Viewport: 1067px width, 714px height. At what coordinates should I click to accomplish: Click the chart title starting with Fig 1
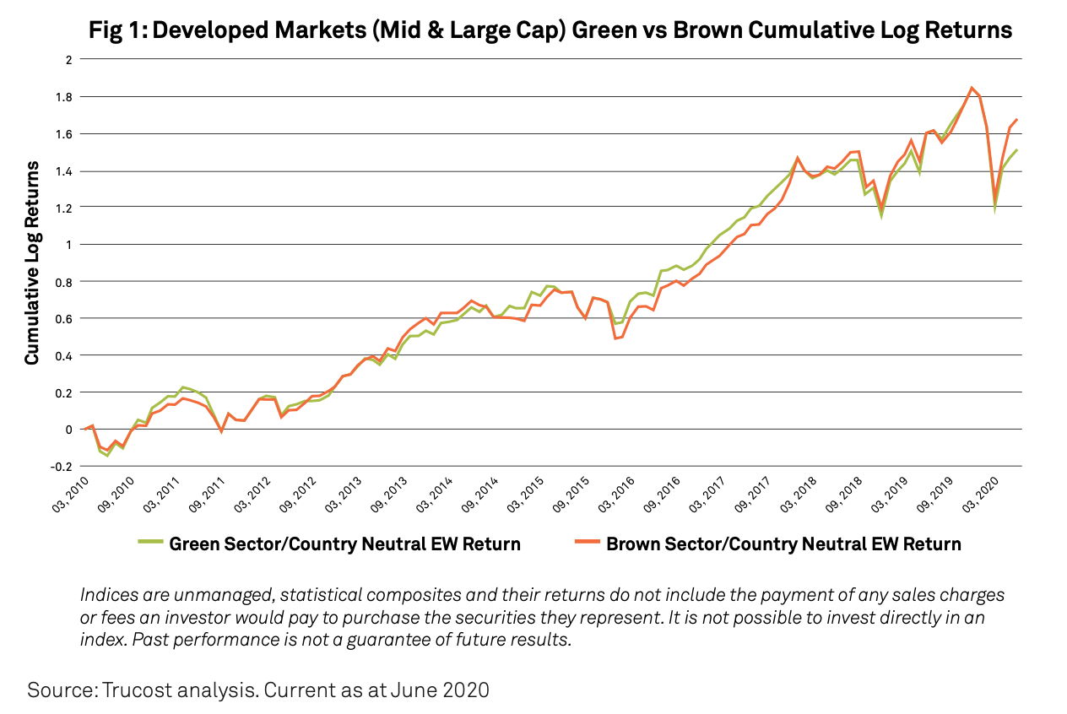click(551, 31)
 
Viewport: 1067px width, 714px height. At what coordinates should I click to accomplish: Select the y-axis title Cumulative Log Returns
click(32, 262)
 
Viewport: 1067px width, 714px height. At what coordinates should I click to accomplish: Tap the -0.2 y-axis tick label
click(61, 467)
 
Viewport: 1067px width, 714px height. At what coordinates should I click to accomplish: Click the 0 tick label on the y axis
click(69, 430)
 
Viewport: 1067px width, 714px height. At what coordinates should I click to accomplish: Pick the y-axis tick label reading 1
click(69, 245)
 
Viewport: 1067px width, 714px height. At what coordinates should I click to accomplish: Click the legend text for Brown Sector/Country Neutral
click(783, 544)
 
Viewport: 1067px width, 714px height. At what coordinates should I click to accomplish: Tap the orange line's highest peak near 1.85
click(972, 87)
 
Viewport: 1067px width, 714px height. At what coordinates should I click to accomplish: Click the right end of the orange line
click(1016, 119)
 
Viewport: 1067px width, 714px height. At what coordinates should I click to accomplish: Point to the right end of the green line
click(1016, 150)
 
